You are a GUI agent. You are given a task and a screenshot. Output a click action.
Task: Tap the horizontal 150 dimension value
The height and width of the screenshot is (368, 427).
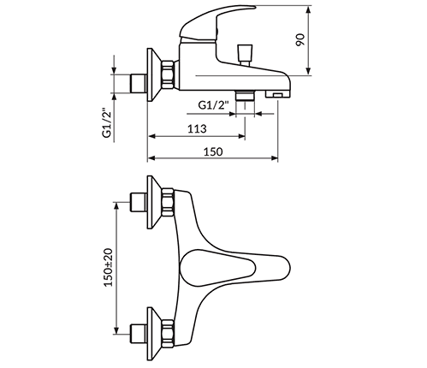(x=213, y=151)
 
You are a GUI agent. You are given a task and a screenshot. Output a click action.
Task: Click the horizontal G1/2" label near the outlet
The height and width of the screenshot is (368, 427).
(x=213, y=104)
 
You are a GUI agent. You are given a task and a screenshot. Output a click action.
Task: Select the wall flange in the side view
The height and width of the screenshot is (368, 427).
(x=155, y=75)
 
